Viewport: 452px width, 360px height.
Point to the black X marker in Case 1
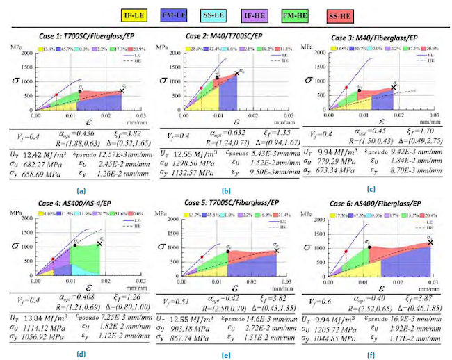pos(122,90)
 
